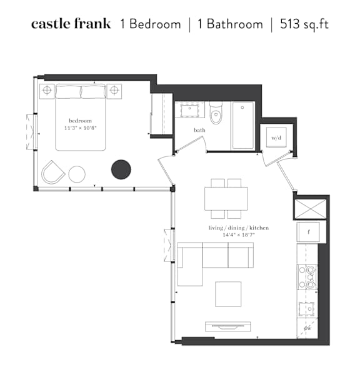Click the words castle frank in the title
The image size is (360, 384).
click(71, 24)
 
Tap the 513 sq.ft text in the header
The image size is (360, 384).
click(304, 24)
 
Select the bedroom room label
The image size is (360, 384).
click(80, 121)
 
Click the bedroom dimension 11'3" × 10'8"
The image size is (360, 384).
click(81, 128)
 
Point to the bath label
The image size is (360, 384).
click(199, 130)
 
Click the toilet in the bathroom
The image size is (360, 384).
click(216, 113)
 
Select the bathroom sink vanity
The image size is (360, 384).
click(189, 110)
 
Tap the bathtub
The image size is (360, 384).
click(242, 125)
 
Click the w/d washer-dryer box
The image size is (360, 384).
click(276, 138)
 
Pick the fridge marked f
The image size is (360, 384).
click(308, 232)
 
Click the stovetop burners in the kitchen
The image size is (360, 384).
click(307, 277)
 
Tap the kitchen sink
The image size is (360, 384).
click(306, 309)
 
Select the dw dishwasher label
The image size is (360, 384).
click(307, 328)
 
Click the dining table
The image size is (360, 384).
click(226, 199)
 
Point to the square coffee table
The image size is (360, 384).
click(228, 294)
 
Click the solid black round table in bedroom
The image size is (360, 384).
click(121, 169)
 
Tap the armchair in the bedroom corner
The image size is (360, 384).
click(52, 173)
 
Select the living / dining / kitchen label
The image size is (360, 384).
click(239, 228)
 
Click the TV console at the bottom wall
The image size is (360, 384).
click(228, 326)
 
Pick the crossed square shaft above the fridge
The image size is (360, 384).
click(311, 209)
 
